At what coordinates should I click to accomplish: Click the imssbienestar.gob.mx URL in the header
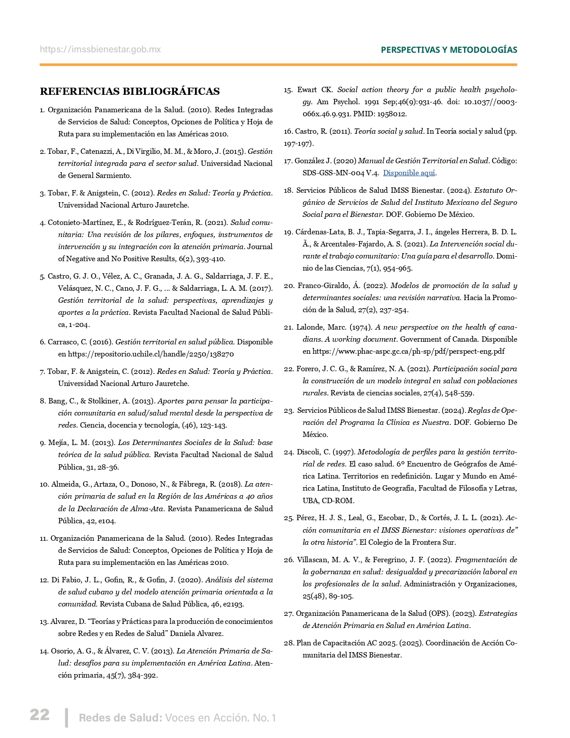(x=100, y=50)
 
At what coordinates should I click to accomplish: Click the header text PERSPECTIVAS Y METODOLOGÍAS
(x=449, y=50)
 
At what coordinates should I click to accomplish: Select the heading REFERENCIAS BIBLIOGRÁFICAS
(x=130, y=92)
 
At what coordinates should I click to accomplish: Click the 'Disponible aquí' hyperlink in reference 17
(x=409, y=173)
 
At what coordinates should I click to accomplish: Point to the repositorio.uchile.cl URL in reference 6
(x=151, y=354)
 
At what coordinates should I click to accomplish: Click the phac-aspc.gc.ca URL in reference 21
(x=408, y=352)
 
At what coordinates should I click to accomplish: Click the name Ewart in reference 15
(x=307, y=90)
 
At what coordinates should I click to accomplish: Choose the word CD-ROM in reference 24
(x=338, y=500)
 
